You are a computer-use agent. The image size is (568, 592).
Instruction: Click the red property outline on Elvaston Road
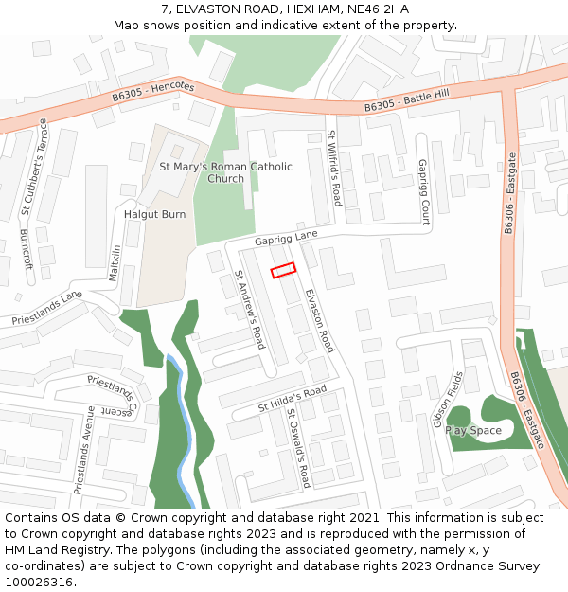pyautogui.click(x=284, y=271)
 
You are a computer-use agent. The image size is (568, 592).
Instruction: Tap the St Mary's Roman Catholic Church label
pyautogui.click(x=225, y=172)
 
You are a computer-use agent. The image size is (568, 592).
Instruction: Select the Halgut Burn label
pyautogui.click(x=154, y=215)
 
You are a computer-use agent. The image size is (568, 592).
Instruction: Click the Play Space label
pyautogui.click(x=473, y=431)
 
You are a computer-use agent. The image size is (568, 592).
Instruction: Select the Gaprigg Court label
pyautogui.click(x=425, y=191)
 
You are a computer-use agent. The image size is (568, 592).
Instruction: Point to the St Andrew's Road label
pyautogui.click(x=250, y=309)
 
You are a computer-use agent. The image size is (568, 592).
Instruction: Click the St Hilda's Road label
pyautogui.click(x=293, y=399)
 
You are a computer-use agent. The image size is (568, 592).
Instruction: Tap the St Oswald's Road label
pyautogui.click(x=298, y=448)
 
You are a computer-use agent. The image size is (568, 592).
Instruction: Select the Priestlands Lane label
pyautogui.click(x=47, y=309)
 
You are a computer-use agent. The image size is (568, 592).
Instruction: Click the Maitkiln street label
pyautogui.click(x=115, y=263)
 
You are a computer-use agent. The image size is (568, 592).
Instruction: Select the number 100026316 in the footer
pyautogui.click(x=38, y=582)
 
